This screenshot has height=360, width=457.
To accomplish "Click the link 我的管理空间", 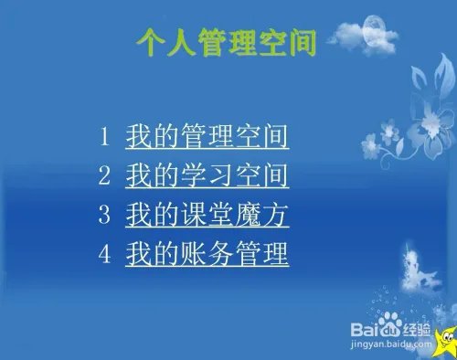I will tap(207, 138).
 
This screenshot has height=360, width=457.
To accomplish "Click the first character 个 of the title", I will tap(151, 41).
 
